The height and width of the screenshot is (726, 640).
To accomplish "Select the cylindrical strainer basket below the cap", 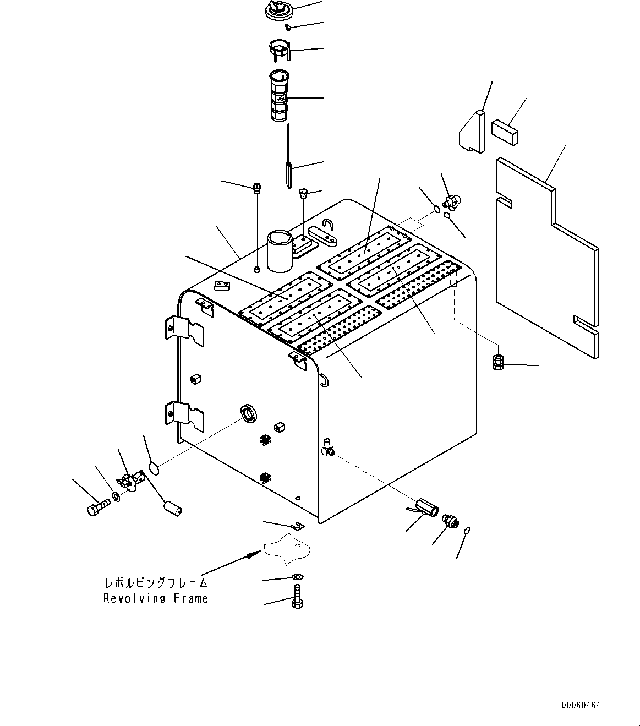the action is (x=279, y=96).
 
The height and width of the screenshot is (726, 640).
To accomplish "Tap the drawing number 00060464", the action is (x=581, y=705).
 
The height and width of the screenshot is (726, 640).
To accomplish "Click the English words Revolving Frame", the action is (x=156, y=598).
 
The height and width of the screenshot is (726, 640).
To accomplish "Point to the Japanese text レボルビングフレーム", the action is (x=156, y=583).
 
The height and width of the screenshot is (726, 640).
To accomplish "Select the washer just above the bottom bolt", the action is (x=298, y=577).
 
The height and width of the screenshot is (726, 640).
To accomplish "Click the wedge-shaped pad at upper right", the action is (x=472, y=131).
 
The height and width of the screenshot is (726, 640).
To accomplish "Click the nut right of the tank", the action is (x=497, y=362).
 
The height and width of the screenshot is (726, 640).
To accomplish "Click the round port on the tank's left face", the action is (x=249, y=413).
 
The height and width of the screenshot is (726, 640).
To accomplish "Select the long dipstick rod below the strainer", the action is (x=288, y=156).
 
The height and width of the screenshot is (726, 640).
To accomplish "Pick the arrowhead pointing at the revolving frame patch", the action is (x=254, y=554).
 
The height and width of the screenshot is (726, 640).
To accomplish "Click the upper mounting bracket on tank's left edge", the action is (x=184, y=331).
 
